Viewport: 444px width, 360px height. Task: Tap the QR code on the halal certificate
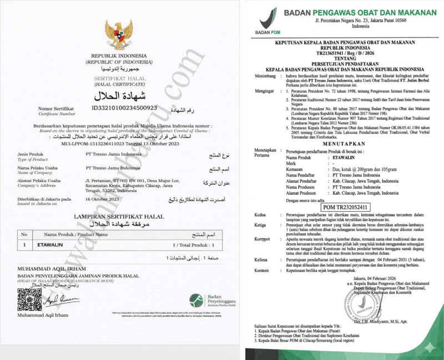coord(29,300)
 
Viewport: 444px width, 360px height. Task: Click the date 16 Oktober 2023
coord(103,198)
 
